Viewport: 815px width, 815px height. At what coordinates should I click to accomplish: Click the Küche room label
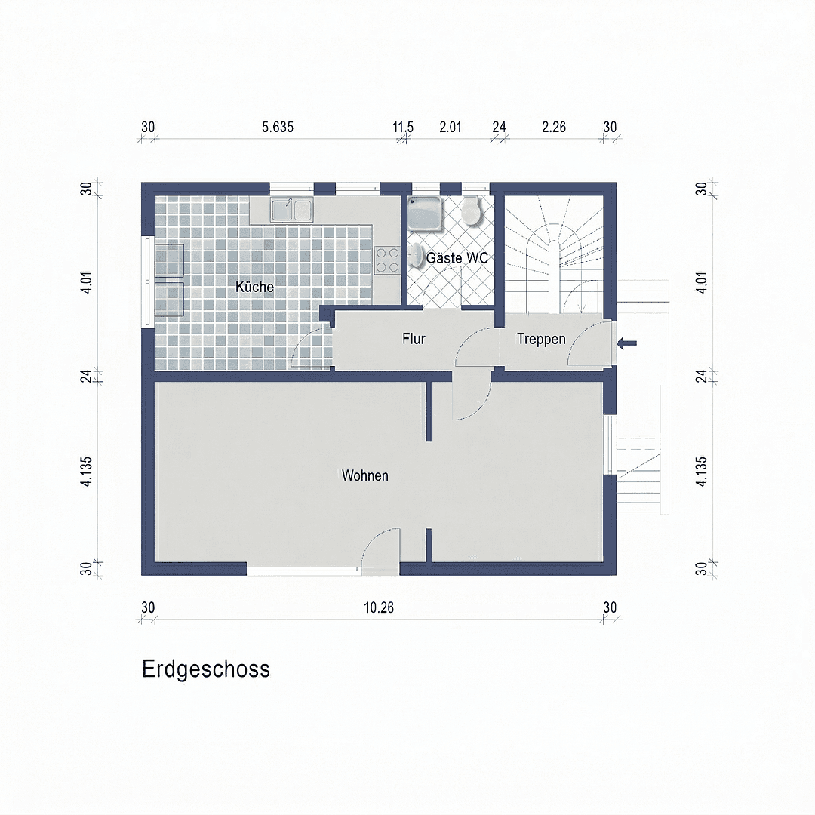click(254, 288)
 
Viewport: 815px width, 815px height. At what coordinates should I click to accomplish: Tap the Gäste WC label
click(457, 258)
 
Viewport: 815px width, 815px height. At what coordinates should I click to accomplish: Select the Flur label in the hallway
click(414, 340)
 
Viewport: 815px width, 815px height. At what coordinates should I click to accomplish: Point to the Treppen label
click(541, 340)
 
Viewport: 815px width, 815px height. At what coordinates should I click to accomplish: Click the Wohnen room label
click(365, 475)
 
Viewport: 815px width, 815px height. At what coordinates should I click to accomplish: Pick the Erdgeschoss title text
click(206, 669)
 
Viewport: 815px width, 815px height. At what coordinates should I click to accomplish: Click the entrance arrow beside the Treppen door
click(627, 343)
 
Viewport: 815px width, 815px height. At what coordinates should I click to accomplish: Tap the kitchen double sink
click(292, 209)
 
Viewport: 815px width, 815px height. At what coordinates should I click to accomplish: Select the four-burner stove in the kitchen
click(388, 260)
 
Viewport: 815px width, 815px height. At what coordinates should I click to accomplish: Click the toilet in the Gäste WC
click(472, 211)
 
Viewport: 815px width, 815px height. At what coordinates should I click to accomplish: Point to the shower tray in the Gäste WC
click(427, 212)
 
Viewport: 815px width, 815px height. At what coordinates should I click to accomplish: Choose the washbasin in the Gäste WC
click(417, 257)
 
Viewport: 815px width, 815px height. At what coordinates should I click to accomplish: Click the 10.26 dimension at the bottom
click(379, 607)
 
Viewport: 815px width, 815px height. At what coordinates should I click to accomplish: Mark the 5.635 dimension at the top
click(278, 127)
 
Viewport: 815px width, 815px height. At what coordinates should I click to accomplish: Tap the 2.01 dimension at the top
click(451, 127)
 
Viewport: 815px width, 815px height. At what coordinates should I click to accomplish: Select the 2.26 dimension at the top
click(554, 127)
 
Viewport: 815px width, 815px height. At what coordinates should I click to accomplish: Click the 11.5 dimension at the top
click(403, 127)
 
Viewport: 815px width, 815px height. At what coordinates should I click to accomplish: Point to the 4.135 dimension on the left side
click(86, 472)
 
